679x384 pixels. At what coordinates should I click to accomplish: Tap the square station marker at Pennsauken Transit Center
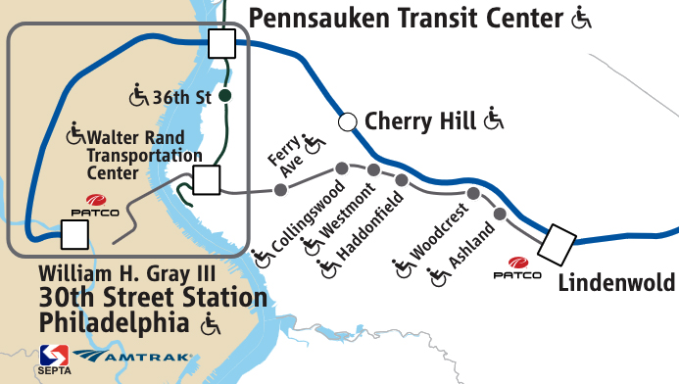221,43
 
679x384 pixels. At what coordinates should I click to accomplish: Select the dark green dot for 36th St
224,96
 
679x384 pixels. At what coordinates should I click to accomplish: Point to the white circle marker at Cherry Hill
346,121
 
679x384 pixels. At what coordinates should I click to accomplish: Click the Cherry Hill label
420,121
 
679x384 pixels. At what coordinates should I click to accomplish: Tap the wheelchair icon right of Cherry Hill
494,120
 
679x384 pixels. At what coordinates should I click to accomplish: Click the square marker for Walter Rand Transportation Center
206,180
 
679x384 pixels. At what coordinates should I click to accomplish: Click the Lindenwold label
616,282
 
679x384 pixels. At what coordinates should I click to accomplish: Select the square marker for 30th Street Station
74,234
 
